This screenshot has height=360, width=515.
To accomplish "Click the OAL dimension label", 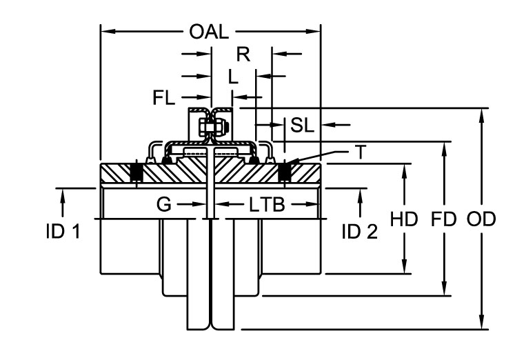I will pos(209,32).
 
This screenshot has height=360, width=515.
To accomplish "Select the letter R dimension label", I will pos(242,54).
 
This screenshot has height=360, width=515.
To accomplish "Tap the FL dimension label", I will pos(165,98).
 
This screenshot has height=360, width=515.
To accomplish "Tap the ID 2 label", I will pos(359,232).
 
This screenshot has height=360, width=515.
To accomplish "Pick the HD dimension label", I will pos(404,220).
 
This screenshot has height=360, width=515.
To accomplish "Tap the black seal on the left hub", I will pos(137,172).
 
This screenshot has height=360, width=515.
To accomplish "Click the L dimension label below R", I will pos(233,77).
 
